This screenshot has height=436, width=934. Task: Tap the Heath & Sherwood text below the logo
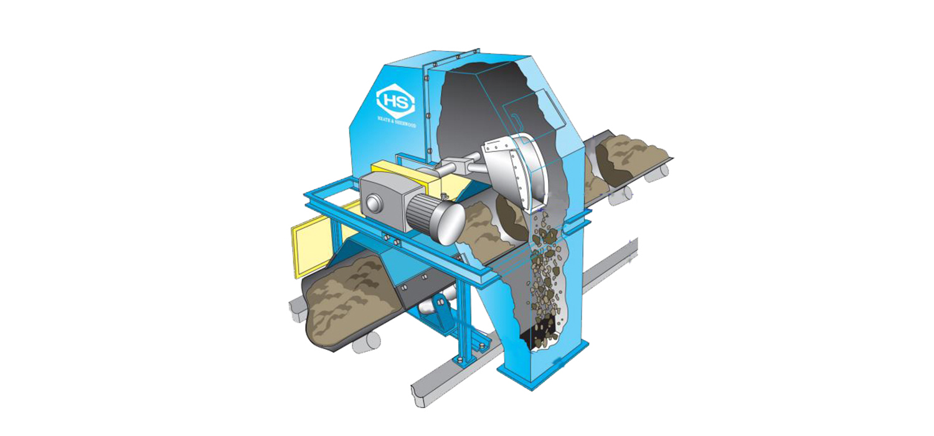(395, 125)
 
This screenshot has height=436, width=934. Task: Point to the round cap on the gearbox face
(372, 205)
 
